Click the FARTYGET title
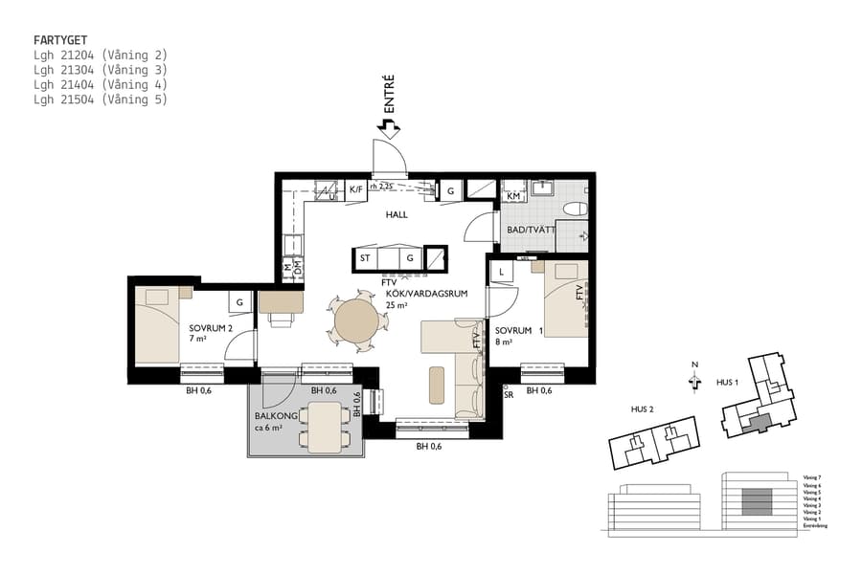[x=61, y=41]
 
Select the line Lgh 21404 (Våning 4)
[x=100, y=84]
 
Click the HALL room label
[x=397, y=215]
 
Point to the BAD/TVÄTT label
[x=530, y=231]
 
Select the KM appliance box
[x=512, y=196]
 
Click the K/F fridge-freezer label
[x=356, y=189]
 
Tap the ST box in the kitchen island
[x=365, y=258]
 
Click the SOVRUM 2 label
[x=211, y=328]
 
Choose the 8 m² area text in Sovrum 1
[x=504, y=341]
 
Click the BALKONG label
[x=273, y=416]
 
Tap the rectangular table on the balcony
[x=326, y=427]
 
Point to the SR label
[x=509, y=394]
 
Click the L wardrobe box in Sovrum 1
[x=501, y=273]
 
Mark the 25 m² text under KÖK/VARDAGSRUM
[x=396, y=305]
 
